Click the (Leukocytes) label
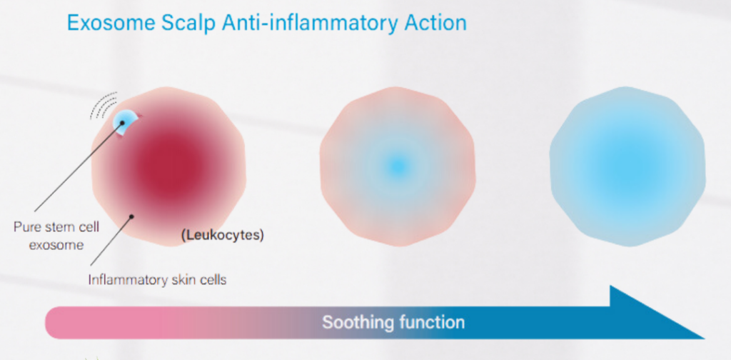[222, 236]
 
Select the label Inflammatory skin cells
[158, 280]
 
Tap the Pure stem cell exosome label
[56, 236]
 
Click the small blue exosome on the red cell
[125, 123]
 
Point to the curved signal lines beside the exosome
[104, 104]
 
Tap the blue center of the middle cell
[397, 166]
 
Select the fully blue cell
[627, 166]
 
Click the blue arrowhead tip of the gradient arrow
[705, 339]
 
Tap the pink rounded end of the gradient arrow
[52, 322]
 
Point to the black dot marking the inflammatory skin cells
[132, 216]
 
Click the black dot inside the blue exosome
[123, 123]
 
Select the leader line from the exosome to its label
[79, 167]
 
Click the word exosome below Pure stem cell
[56, 244]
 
